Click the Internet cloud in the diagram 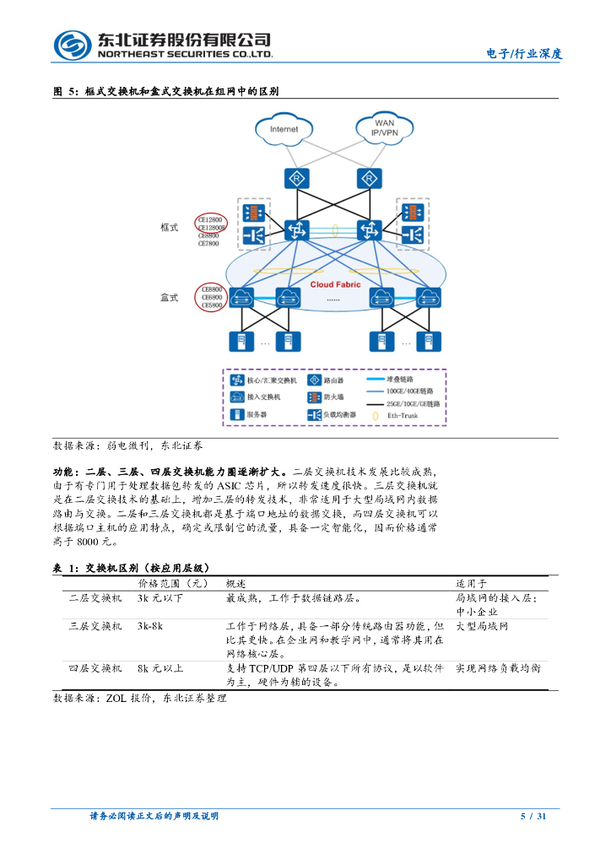pyautogui.click(x=284, y=129)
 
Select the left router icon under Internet pyautogui.click(x=296, y=178)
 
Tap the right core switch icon pyautogui.click(x=369, y=229)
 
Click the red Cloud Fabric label pyautogui.click(x=335, y=285)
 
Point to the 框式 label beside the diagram pyautogui.click(x=170, y=228)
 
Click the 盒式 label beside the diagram pyautogui.click(x=170, y=297)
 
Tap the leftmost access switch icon pyautogui.click(x=242, y=296)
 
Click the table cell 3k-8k pyautogui.click(x=150, y=627)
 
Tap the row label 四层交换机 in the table pyautogui.click(x=95, y=668)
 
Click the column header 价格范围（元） pyautogui.click(x=172, y=583)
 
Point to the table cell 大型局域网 pyautogui.click(x=483, y=627)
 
